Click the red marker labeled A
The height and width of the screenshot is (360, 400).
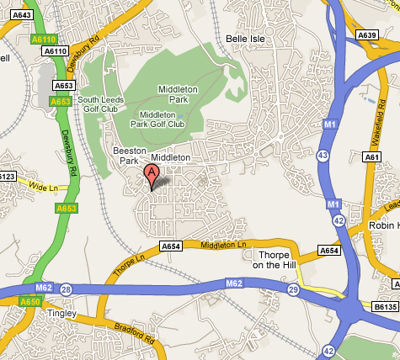click(152, 175)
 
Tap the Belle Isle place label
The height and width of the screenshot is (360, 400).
click(246, 39)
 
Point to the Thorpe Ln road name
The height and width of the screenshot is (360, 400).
click(128, 267)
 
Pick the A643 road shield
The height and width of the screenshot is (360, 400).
click(21, 14)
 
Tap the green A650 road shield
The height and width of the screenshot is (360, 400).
click(30, 301)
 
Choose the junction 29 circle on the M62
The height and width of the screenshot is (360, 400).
click(292, 289)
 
